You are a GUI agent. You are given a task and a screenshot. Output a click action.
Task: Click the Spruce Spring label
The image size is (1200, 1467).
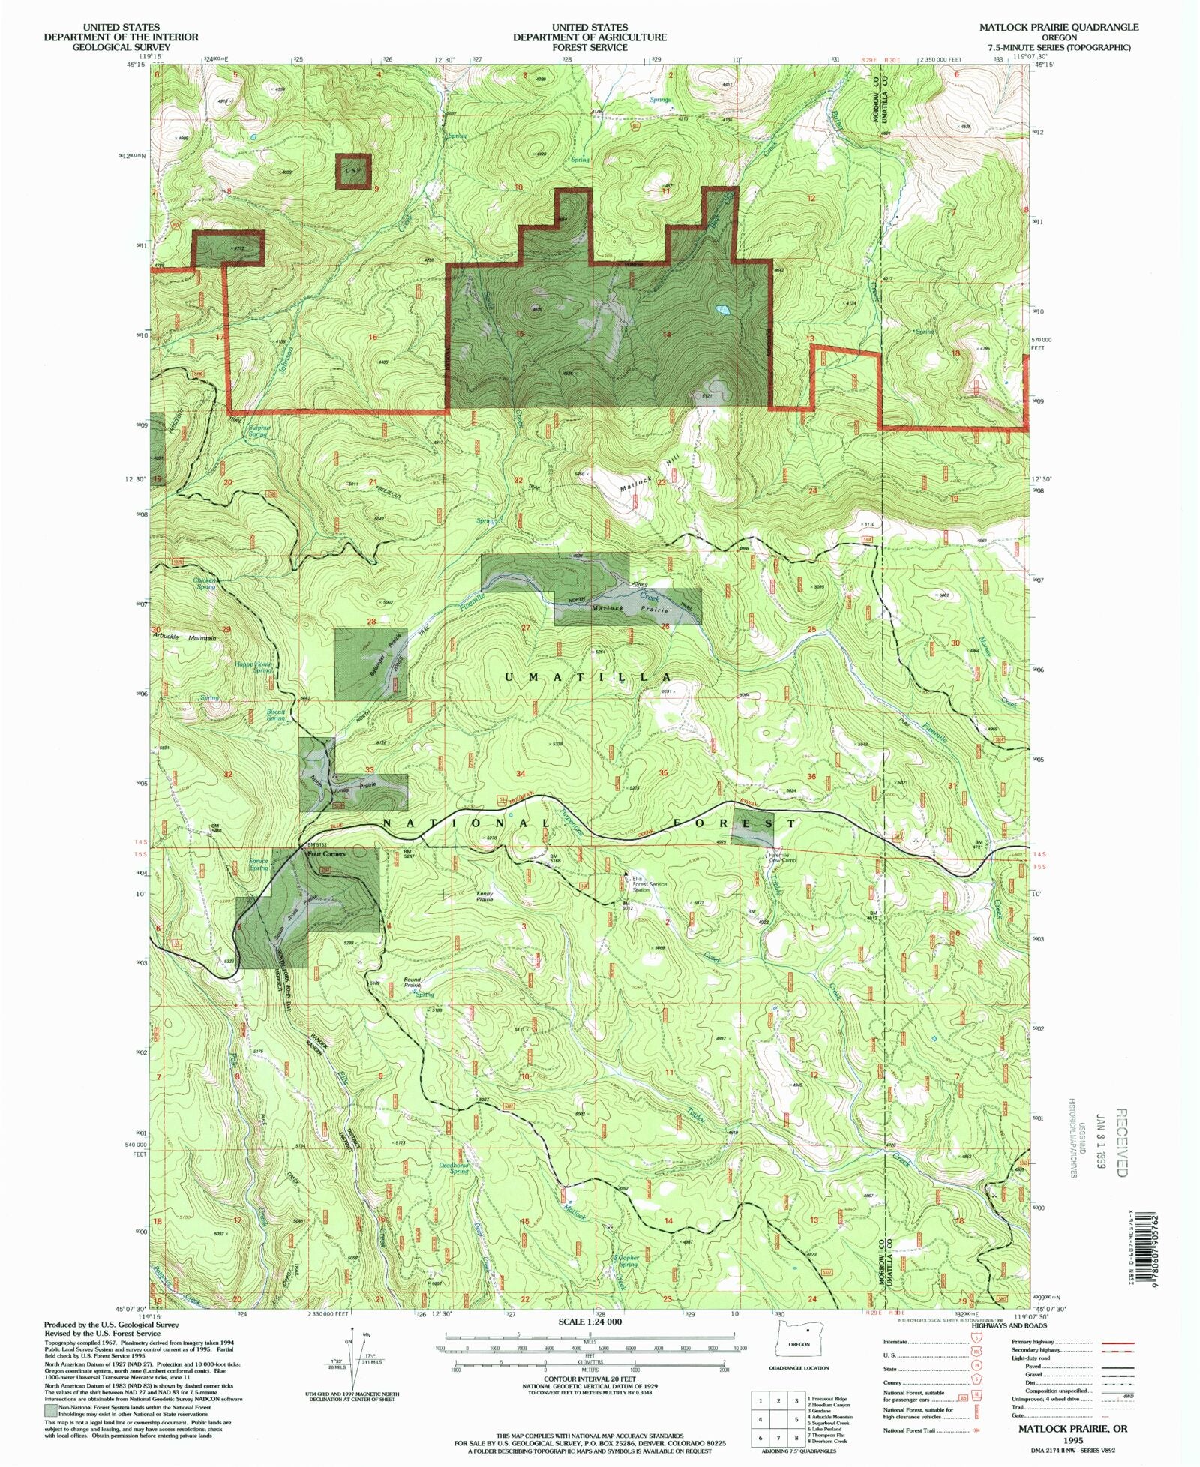click(258, 865)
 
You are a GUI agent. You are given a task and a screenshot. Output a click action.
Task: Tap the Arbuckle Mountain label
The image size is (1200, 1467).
click(184, 638)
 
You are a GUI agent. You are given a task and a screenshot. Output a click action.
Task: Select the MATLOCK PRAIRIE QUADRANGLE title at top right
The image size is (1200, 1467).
click(1058, 27)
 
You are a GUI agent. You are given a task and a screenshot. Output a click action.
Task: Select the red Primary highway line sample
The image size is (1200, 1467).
click(1116, 1342)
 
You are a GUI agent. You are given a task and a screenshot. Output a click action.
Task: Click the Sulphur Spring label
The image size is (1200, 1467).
click(258, 431)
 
